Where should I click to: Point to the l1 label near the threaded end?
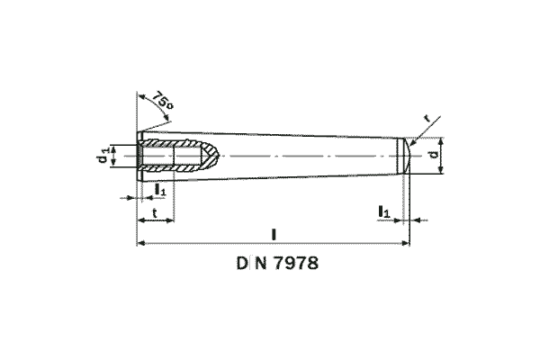pos(160,190)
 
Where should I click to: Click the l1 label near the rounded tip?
pos(383,211)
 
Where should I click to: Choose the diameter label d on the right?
pos(433,156)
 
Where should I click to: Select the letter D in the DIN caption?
pos(243,265)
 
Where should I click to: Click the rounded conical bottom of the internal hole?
pos(212,156)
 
